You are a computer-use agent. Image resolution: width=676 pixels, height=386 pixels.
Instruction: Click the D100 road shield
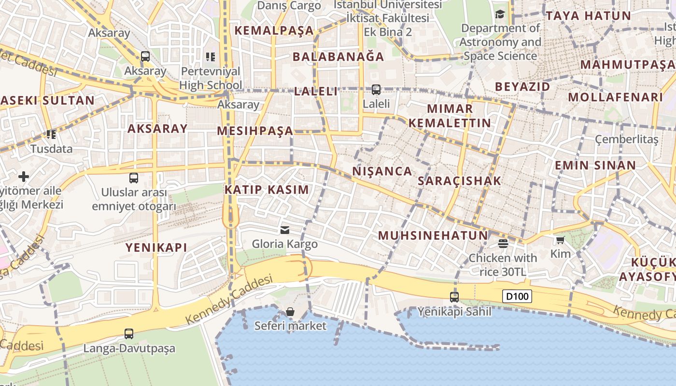pyautogui.click(x=517, y=296)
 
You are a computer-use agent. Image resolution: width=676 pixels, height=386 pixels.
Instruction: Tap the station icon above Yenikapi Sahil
pyautogui.click(x=454, y=297)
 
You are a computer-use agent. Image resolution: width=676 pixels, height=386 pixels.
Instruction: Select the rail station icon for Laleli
pyautogui.click(x=376, y=90)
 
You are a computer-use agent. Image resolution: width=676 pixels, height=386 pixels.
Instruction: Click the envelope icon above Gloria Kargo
pyautogui.click(x=285, y=230)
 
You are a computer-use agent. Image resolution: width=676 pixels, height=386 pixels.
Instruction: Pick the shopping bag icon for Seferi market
pyautogui.click(x=290, y=312)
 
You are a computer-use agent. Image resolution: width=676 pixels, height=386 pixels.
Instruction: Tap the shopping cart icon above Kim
pyautogui.click(x=560, y=240)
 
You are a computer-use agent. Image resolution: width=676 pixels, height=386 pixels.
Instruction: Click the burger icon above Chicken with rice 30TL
pyautogui.click(x=503, y=244)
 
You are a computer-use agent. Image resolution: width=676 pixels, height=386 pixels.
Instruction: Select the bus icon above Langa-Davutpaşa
pyautogui.click(x=129, y=334)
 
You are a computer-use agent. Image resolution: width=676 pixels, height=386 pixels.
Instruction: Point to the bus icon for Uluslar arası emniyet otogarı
pyautogui.click(x=134, y=178)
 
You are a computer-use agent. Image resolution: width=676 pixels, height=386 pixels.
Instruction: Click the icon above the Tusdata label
pyautogui.click(x=51, y=135)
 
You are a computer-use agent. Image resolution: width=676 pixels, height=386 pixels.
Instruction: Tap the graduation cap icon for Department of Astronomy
pyautogui.click(x=500, y=14)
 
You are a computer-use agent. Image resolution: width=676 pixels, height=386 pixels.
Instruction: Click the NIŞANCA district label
pyautogui.click(x=382, y=171)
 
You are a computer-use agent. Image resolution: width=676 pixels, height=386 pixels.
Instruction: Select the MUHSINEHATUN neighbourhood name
pyautogui.click(x=433, y=235)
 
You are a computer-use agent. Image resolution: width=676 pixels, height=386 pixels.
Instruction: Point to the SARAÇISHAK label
pyautogui.click(x=459, y=181)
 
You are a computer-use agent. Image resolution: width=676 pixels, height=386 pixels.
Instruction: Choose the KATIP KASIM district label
pyautogui.click(x=267, y=190)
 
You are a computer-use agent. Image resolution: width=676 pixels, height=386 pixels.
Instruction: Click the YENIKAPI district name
pyautogui.click(x=156, y=248)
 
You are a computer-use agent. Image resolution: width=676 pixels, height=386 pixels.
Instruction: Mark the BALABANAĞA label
pyautogui.click(x=338, y=57)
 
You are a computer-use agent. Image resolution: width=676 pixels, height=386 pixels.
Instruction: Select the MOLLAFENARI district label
pyautogui.click(x=615, y=97)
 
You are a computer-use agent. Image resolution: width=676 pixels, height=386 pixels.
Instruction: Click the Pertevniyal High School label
pyautogui.click(x=211, y=78)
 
